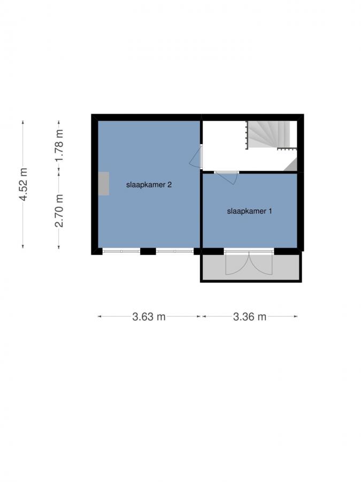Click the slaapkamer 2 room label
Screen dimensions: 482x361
(149, 185)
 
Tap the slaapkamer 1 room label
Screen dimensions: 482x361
(250, 211)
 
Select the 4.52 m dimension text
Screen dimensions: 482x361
(23, 184)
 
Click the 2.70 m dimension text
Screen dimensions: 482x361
(59, 210)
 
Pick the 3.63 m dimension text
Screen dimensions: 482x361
(149, 317)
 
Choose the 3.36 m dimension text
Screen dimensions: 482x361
(250, 317)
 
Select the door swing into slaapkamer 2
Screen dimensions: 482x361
(196, 157)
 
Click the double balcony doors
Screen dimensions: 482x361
(249, 262)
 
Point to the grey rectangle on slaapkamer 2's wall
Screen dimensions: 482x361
(104, 183)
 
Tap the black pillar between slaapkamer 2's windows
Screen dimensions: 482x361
(148, 251)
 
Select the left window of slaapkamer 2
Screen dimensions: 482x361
(121, 251)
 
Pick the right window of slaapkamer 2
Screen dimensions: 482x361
(175, 251)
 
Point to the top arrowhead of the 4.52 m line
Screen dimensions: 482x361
(23, 123)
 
